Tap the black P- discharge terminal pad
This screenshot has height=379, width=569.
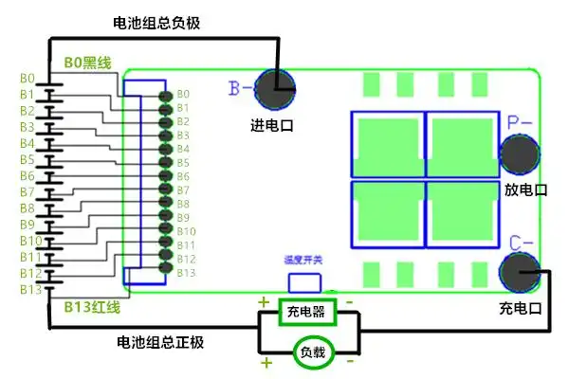(x=519, y=155)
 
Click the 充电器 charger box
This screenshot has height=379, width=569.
(x=305, y=311)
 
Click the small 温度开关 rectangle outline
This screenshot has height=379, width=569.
(x=304, y=281)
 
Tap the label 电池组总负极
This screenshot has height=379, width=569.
(x=157, y=21)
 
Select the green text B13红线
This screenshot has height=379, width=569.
(x=92, y=309)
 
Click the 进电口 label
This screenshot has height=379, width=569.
(x=272, y=126)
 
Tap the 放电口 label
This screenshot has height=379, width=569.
(x=525, y=189)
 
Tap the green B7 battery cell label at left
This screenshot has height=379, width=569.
(x=27, y=191)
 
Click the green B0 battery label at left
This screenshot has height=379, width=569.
(x=27, y=78)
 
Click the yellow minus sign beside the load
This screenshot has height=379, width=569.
(x=350, y=361)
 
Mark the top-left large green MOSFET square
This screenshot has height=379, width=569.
(x=387, y=145)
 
